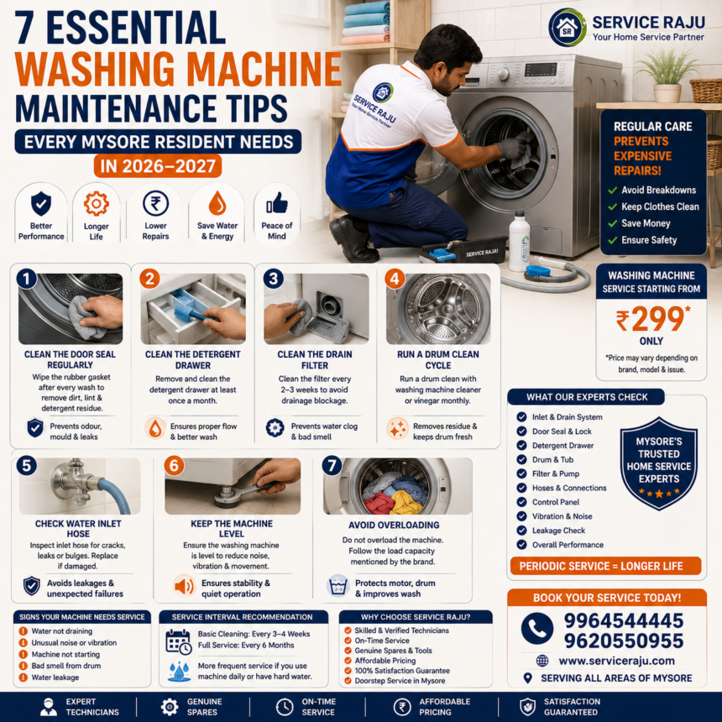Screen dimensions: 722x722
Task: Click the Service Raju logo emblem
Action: tap(568, 28)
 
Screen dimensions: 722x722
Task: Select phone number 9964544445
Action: tap(624, 620)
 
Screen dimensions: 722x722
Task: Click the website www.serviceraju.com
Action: tap(616, 661)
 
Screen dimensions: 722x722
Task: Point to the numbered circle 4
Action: tap(395, 279)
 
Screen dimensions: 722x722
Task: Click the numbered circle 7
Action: tap(332, 466)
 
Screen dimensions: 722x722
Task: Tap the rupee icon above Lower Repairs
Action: tap(155, 203)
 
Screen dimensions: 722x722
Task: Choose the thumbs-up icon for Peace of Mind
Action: tap(277, 203)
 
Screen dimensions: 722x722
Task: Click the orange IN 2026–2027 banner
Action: tap(158, 165)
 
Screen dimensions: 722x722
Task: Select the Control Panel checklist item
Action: tap(555, 502)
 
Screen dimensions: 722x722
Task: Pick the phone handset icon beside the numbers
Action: tap(537, 628)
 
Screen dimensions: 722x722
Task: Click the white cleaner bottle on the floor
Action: tap(519, 241)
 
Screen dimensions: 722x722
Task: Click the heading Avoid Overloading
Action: tap(394, 525)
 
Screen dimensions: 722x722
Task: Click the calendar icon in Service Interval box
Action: tap(178, 641)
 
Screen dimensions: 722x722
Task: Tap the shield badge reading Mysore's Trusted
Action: tap(658, 463)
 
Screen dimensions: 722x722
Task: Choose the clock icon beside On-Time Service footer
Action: tap(284, 707)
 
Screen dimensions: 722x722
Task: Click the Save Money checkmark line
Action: tap(639, 223)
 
